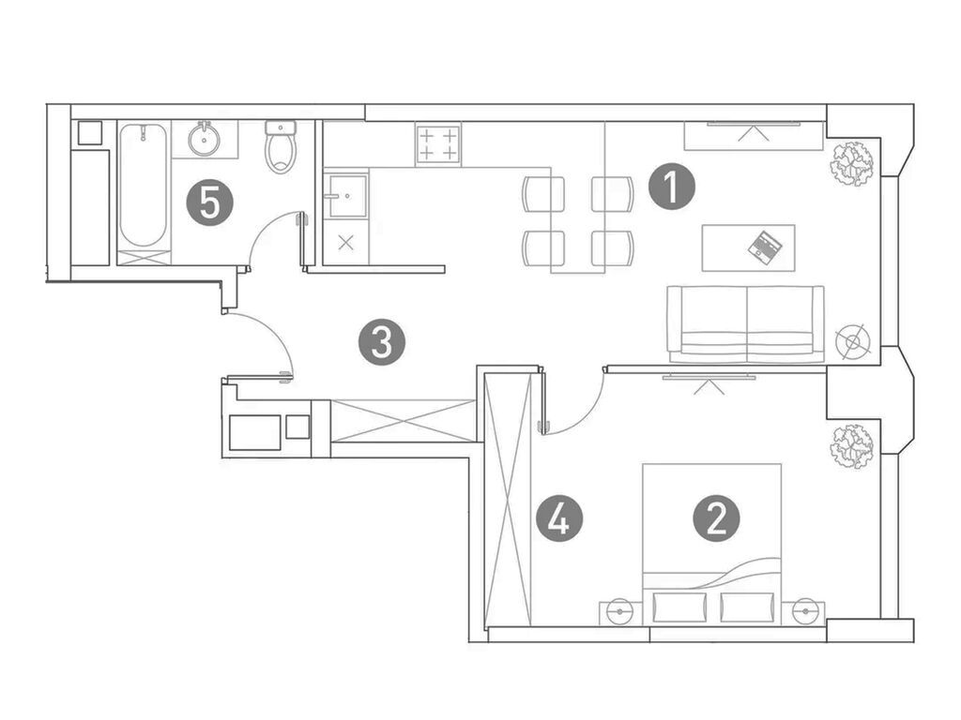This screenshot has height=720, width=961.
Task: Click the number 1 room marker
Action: [672, 187]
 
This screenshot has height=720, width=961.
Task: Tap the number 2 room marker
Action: [716, 517]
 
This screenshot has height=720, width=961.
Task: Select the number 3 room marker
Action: [382, 343]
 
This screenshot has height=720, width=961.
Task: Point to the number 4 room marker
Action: [559, 518]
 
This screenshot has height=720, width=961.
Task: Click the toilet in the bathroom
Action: [281, 148]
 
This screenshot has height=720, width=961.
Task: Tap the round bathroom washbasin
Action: [204, 141]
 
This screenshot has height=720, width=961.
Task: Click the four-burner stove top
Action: [438, 143]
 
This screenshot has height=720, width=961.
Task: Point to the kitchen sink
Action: [345, 196]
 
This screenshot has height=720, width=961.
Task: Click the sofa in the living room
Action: [745, 323]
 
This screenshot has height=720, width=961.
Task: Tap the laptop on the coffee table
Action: [764, 246]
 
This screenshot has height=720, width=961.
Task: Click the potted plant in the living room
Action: [851, 163]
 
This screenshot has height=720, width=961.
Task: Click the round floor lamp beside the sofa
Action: [851, 340]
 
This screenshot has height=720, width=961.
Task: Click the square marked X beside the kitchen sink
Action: [345, 241]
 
